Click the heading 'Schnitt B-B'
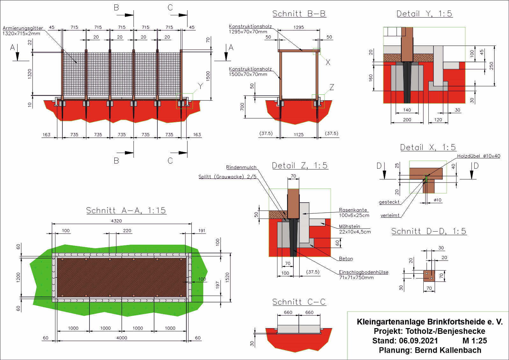(x=299, y=14)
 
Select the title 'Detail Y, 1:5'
(x=424, y=14)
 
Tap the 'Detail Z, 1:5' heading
(x=300, y=165)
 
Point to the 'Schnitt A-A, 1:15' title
(x=126, y=210)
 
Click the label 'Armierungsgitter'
(x=23, y=28)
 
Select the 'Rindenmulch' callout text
(x=241, y=167)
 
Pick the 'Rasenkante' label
(x=353, y=210)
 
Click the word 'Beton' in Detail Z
(x=346, y=259)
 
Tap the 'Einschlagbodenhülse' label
(x=363, y=272)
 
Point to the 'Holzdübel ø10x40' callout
(x=478, y=156)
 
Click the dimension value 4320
(x=116, y=221)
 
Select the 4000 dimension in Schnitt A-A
(x=122, y=338)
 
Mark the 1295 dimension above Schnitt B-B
(x=298, y=27)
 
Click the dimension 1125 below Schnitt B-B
(x=298, y=134)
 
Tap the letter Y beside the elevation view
(x=200, y=86)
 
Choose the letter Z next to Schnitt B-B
(x=332, y=87)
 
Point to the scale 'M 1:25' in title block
(x=475, y=341)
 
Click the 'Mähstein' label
(x=349, y=227)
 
